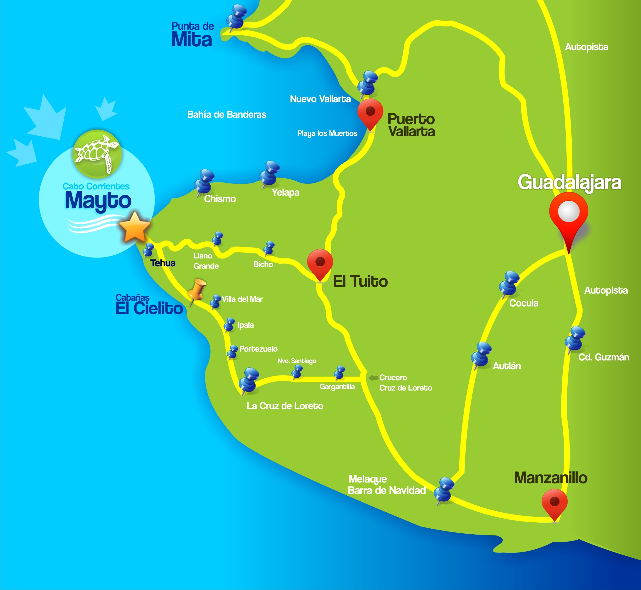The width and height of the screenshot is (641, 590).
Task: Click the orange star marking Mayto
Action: coord(135,227)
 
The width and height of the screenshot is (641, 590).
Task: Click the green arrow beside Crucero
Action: coord(373,378)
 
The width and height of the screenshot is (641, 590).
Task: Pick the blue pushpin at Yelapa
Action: coord(270,173)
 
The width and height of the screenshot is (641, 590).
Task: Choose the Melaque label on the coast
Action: coord(367,479)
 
